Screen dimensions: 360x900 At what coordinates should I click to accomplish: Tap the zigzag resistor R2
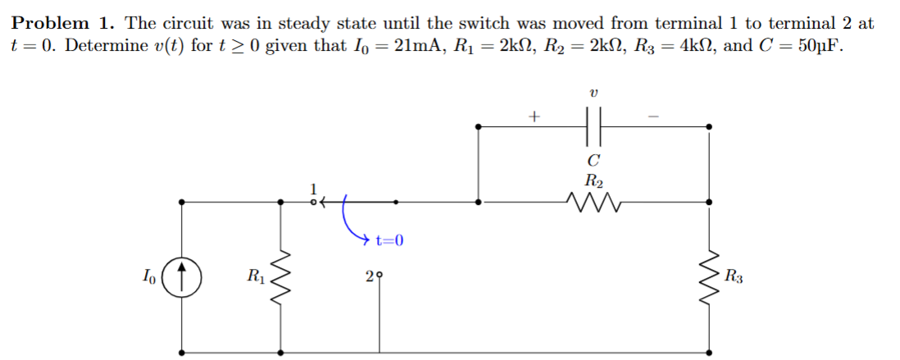pos(594,199)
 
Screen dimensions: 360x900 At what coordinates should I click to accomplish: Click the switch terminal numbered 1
pos(313,199)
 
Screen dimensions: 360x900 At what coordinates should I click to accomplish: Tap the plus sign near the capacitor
pos(534,116)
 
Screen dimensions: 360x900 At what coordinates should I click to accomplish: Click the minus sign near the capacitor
pos(654,116)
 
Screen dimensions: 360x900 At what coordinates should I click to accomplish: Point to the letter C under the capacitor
pos(594,158)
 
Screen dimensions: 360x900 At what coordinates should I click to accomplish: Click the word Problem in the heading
pos(50,23)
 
